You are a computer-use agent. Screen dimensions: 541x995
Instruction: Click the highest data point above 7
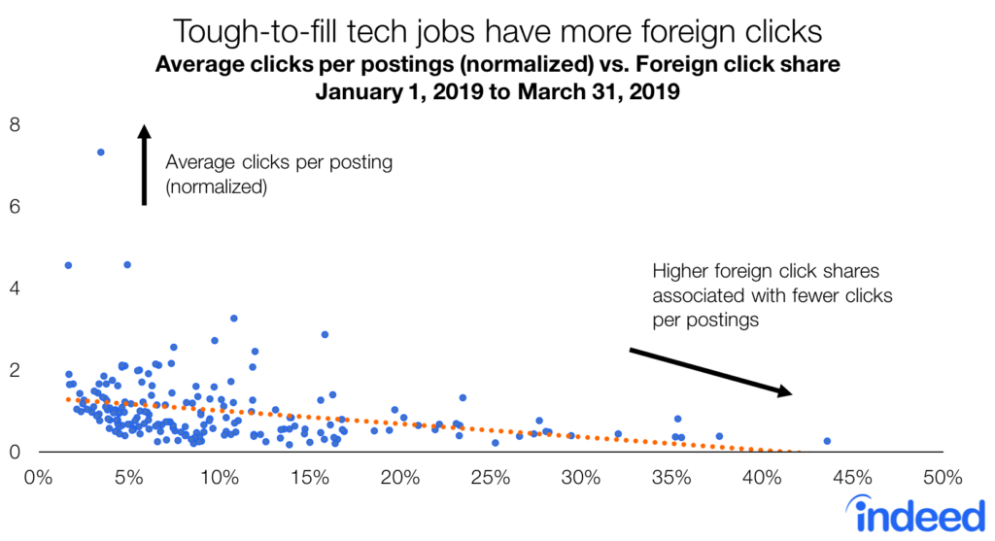point(100,152)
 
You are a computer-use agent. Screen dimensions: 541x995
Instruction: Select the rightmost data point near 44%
point(827,441)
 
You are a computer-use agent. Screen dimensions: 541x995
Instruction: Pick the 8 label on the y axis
point(14,125)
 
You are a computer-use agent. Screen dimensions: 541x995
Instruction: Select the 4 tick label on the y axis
point(14,288)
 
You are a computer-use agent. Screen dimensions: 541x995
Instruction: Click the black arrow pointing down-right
point(710,371)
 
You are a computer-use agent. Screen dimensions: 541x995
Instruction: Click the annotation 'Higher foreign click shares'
point(765,271)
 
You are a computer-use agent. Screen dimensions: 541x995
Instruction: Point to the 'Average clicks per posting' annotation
point(279,163)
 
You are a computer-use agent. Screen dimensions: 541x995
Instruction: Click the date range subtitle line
point(497,94)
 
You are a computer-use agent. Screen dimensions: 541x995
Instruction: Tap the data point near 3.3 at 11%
point(233,319)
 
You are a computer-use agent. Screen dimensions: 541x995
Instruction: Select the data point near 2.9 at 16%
point(325,334)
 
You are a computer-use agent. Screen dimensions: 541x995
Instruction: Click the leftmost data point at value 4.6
point(68,265)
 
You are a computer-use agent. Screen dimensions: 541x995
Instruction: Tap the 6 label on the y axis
point(14,207)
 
